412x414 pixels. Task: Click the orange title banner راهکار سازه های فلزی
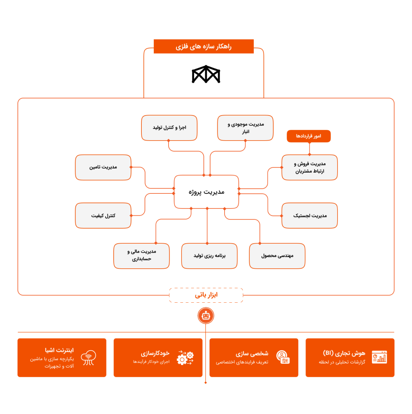(x=204, y=46)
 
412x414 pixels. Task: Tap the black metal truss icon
(x=206, y=74)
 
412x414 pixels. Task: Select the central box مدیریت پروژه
(x=206, y=192)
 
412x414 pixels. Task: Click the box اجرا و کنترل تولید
(x=169, y=128)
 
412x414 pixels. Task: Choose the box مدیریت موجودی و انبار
(x=245, y=128)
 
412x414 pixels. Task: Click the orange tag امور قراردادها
(x=309, y=136)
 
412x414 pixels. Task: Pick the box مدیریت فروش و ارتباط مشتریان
(x=310, y=167)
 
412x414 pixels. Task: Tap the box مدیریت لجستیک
(x=310, y=215)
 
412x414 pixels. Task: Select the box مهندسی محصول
(x=277, y=256)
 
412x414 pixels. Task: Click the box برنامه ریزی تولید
(x=209, y=256)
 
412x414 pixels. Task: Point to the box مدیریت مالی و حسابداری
(x=141, y=256)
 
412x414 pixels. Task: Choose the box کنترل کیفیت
(x=103, y=215)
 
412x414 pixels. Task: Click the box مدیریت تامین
(x=103, y=167)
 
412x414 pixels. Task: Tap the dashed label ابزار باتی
(x=206, y=295)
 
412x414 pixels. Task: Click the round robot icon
(x=206, y=316)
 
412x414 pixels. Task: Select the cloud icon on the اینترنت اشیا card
(x=88, y=358)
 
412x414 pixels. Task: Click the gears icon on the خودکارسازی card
(x=185, y=358)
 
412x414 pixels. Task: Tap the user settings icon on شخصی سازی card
(x=283, y=357)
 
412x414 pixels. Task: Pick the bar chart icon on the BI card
(x=379, y=357)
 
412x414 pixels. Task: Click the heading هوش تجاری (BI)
(x=344, y=353)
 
